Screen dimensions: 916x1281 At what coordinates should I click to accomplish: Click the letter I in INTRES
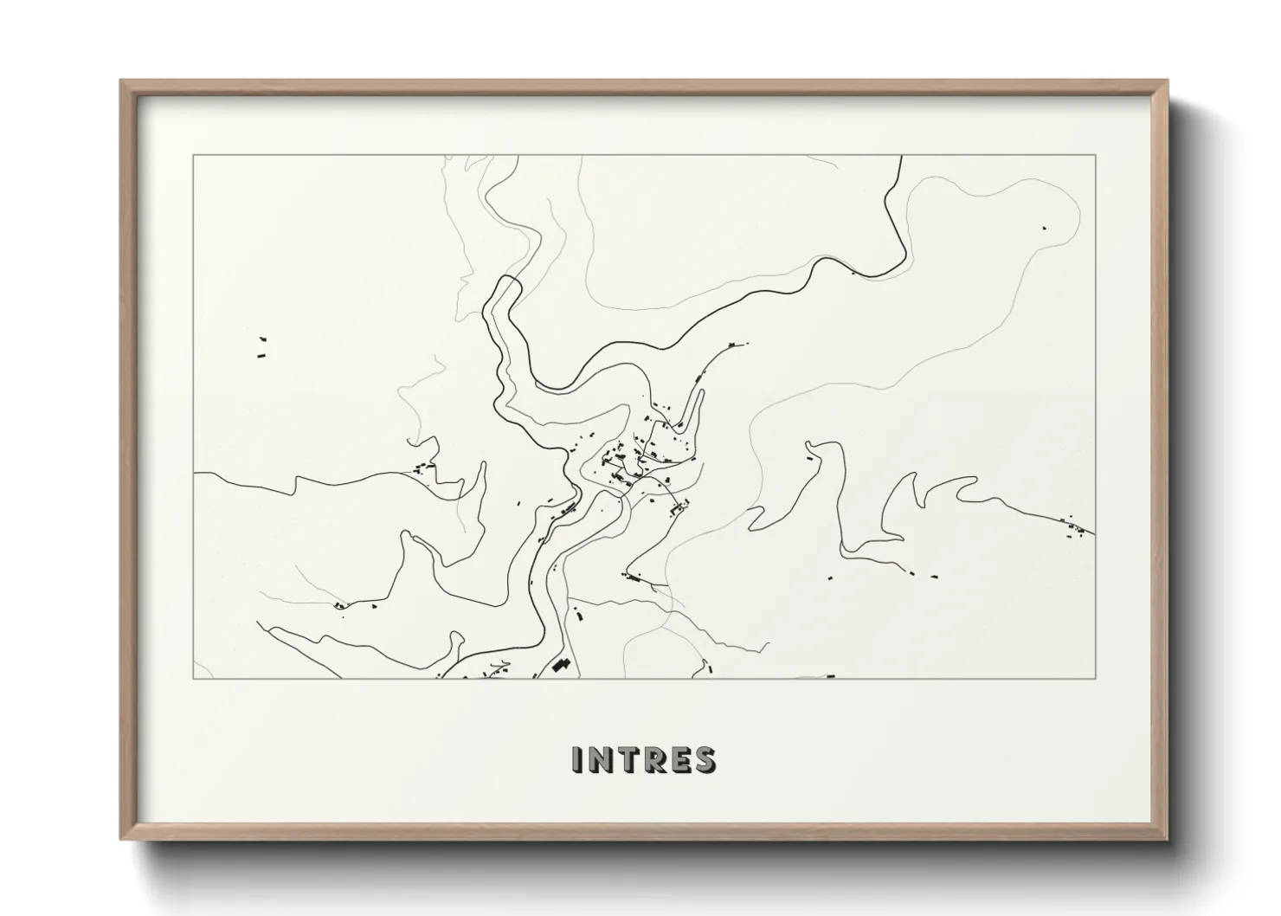click(578, 759)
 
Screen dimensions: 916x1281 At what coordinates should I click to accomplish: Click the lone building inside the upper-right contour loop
click(1044, 228)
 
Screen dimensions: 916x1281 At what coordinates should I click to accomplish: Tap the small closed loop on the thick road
click(505, 290)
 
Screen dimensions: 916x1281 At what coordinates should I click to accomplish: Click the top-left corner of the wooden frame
click(122, 81)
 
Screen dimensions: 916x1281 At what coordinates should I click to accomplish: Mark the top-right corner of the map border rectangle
click(1095, 156)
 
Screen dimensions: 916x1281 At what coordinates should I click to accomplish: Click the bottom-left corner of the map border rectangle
click(193, 678)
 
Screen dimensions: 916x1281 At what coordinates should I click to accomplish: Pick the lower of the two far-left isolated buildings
click(260, 354)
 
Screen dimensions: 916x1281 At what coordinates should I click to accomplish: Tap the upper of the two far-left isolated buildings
click(262, 339)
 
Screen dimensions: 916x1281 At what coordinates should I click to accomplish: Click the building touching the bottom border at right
click(831, 675)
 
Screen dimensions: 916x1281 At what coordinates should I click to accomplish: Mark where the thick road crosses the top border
click(902, 157)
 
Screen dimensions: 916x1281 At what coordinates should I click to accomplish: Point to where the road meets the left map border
click(195, 474)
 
